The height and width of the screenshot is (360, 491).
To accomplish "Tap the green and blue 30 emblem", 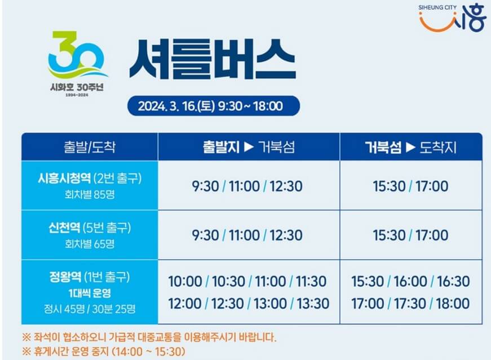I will (x=77, y=55).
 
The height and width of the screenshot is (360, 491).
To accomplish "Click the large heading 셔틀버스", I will (x=212, y=61).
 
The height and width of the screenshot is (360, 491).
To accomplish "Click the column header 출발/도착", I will (x=90, y=148).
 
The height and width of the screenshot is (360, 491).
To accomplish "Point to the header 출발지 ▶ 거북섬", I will (x=249, y=148).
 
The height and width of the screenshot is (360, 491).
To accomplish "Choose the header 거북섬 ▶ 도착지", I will (x=410, y=148).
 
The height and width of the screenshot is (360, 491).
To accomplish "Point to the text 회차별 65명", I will (x=90, y=243).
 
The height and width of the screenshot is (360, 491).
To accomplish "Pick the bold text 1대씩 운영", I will (x=90, y=293).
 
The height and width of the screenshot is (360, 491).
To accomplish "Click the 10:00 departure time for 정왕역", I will (x=184, y=281).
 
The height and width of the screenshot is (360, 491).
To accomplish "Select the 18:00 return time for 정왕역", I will (x=452, y=304).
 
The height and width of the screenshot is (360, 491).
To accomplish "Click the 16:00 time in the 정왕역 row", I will (x=410, y=281).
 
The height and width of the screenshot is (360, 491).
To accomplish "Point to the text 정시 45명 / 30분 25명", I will (x=90, y=309).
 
